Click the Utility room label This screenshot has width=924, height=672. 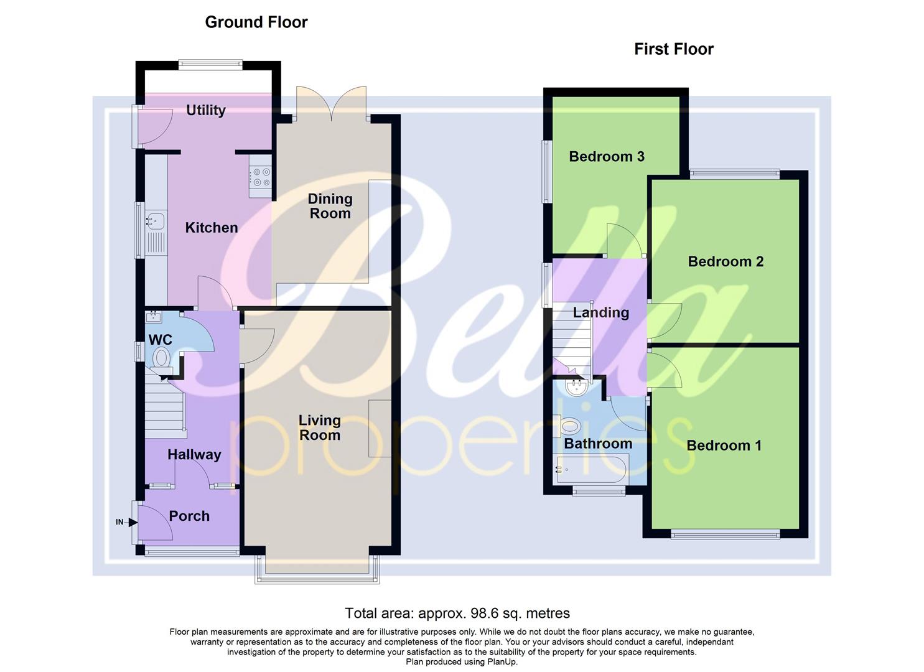tap(206, 110)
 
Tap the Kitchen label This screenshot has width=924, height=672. tap(212, 228)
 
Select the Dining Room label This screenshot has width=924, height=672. tap(330, 206)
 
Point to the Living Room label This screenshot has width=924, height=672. tap(320, 427)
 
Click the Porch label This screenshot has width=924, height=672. tap(189, 516)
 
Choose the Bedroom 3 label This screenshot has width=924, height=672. tap(607, 156)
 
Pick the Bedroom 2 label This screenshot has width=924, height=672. tap(726, 261)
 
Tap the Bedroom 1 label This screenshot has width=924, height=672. tap(724, 446)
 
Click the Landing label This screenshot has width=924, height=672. tap(600, 312)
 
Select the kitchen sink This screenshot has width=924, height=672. tap(155, 220)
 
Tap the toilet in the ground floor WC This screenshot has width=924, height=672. tap(162, 358)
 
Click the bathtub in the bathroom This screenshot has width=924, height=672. tap(592, 469)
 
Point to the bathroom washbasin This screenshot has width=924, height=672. tap(576, 388)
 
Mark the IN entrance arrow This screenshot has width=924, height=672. tap(132, 522)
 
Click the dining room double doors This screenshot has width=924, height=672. tap(331, 103)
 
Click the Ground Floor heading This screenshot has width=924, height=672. tap(256, 22)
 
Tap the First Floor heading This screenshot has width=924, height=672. tap(674, 49)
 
